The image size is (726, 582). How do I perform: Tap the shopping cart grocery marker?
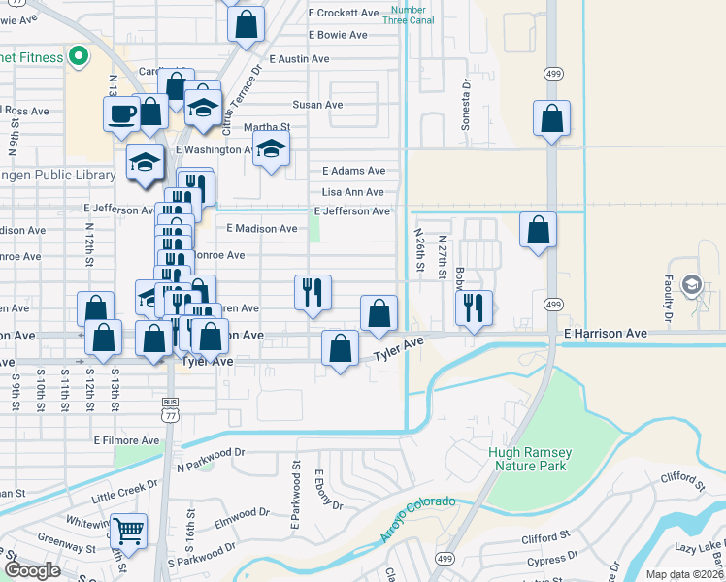(x=128, y=531)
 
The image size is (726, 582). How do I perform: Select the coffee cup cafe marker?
(x=122, y=113)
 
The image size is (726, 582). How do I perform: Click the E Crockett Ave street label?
(x=343, y=13)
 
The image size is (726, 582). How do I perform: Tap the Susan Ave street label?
(x=318, y=105)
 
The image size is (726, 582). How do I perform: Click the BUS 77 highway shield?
(x=170, y=407)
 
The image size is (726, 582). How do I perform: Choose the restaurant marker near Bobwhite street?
(x=474, y=307)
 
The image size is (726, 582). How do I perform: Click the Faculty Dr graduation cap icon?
(x=691, y=284)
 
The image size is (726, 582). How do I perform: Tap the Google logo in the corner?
(x=32, y=570)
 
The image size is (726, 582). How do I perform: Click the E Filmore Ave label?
(x=126, y=440)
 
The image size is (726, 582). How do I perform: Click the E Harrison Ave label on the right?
(x=605, y=333)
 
